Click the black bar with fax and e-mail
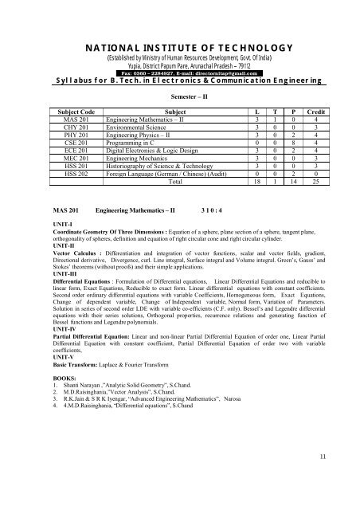(x=180, y=72)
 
